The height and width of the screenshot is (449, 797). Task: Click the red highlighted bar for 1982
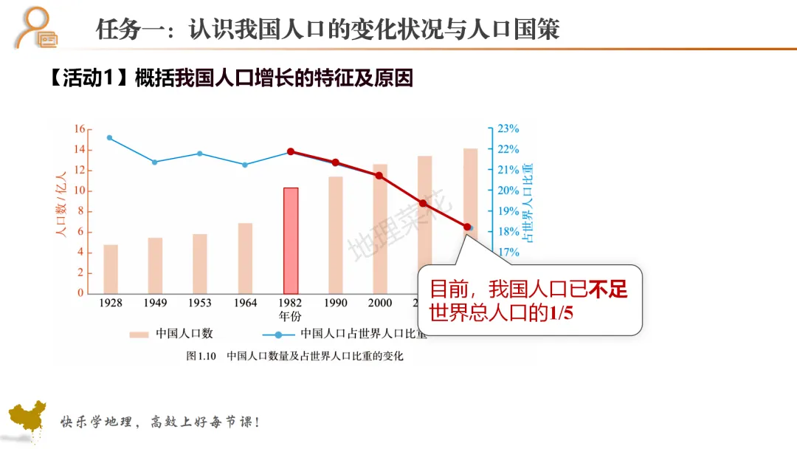[291, 241]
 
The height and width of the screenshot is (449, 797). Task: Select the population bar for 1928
[111, 269]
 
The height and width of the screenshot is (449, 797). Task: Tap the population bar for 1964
[246, 258]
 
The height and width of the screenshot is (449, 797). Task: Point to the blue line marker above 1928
[110, 138]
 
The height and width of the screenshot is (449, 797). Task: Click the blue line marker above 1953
[200, 154]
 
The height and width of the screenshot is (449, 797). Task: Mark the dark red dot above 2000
[379, 176]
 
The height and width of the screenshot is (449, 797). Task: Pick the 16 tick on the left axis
[80, 128]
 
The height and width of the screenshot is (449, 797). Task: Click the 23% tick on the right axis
[508, 128]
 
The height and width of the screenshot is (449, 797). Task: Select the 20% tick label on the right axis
[508, 191]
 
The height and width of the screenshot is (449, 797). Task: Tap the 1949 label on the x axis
[155, 303]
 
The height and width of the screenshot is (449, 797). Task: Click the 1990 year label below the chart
[336, 303]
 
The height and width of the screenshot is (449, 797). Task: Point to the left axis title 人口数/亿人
[61, 204]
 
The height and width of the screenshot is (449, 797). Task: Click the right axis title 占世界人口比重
[528, 203]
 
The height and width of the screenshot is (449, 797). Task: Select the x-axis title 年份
[290, 316]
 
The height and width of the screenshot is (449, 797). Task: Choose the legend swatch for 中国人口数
[139, 335]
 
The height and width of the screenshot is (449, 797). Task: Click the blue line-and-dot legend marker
[278, 335]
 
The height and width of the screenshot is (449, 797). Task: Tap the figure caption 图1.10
[201, 356]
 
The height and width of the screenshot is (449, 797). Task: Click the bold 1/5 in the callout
[561, 312]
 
